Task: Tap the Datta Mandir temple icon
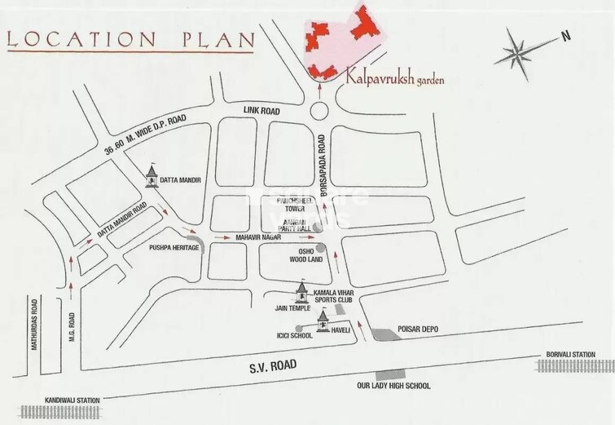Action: (x=152, y=177)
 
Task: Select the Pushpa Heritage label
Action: (x=173, y=246)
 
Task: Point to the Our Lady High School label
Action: (x=394, y=386)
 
